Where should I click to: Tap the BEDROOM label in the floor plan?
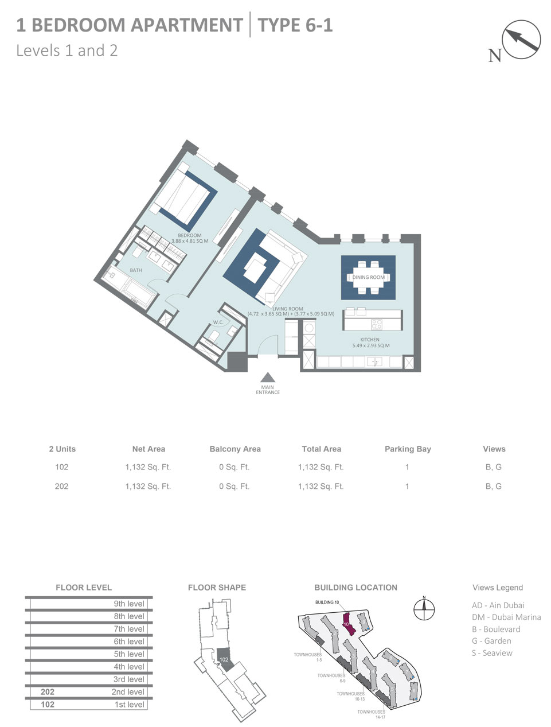click(189, 235)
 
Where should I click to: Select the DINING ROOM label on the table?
click(368, 277)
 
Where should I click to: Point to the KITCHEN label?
click(370, 340)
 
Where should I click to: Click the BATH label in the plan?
click(136, 270)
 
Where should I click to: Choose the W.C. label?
click(218, 322)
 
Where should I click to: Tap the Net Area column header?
click(148, 449)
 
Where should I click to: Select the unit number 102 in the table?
click(61, 467)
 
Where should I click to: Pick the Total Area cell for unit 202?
click(321, 486)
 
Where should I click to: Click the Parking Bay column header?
click(407, 449)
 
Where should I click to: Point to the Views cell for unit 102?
click(493, 467)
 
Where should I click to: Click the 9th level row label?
click(128, 604)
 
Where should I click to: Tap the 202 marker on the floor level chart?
click(48, 692)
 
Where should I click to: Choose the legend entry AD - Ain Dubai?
click(498, 605)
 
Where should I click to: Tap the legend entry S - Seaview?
click(492, 653)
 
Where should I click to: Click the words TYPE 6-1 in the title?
click(295, 25)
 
